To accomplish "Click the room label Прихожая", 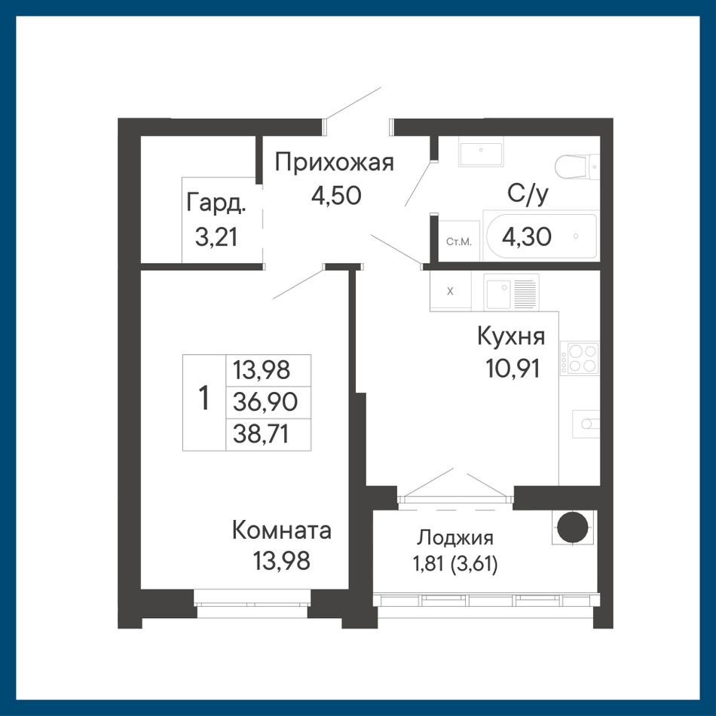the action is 334,163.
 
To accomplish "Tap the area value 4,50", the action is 337,195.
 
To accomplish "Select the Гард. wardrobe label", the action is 216,203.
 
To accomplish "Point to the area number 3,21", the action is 216,237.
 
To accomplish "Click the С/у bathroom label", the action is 528,194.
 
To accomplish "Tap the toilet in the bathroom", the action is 577,167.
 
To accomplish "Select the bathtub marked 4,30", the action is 542,236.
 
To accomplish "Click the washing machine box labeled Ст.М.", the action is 458,241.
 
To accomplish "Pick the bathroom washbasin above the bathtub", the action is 481,155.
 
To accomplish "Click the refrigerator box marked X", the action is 450,291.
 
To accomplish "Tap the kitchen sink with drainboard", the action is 511,292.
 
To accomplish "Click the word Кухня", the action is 511,337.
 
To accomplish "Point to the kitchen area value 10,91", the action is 513,368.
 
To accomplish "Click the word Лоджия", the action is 454,538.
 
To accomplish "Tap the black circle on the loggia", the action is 573,528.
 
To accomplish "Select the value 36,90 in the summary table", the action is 265,402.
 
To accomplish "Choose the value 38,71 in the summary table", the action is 262,433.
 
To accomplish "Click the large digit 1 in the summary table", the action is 204,398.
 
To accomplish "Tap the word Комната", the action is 282,531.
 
